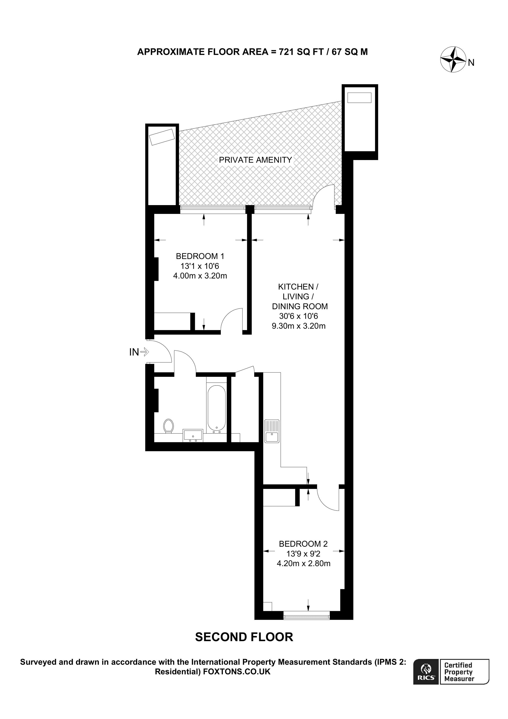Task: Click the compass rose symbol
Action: point(453,60)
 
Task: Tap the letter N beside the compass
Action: point(471,63)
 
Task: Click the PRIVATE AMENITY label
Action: point(255,160)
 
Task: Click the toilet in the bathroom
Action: point(169,426)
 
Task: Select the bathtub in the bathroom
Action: point(216,408)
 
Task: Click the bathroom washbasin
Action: point(193,436)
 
